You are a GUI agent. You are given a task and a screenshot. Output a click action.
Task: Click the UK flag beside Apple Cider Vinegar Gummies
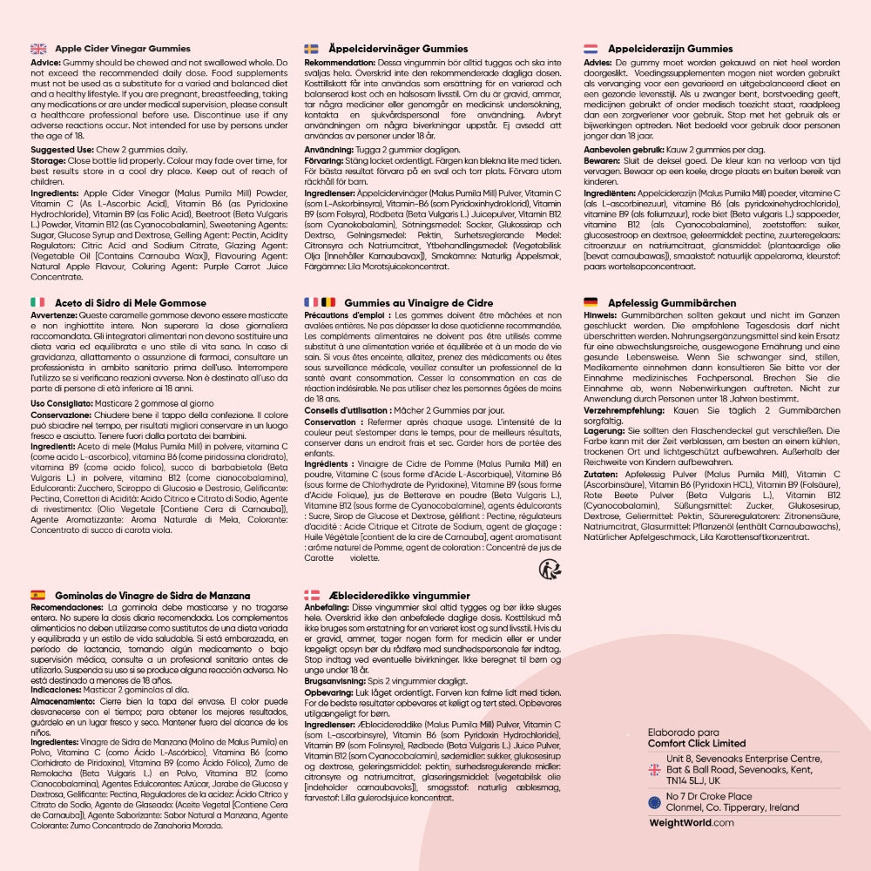[x=38, y=49]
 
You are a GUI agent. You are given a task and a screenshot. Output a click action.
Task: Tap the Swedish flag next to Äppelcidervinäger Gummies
[x=312, y=49]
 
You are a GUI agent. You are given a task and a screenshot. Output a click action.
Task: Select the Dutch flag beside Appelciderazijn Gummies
[x=590, y=49]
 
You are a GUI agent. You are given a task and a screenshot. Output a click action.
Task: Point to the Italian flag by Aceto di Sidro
[x=37, y=301]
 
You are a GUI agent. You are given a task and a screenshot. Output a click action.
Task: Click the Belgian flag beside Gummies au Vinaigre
[x=328, y=301]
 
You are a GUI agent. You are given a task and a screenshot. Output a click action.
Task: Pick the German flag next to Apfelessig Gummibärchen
[x=590, y=301]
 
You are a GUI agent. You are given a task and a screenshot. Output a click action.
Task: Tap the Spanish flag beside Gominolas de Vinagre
[x=37, y=596]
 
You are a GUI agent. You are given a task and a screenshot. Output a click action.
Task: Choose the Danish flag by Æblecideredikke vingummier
[x=312, y=596]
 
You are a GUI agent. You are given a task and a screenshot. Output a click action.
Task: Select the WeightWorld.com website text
[x=692, y=822]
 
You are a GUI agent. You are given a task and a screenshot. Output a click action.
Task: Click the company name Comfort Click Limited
[x=697, y=743]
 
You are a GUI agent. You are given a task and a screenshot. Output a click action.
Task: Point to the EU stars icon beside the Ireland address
[x=654, y=801]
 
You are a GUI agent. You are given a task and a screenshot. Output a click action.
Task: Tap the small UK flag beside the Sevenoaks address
[x=654, y=769]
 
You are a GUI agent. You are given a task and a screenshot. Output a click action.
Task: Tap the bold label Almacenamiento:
[x=63, y=700]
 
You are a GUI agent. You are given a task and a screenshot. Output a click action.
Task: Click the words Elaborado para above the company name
[x=684, y=733]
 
